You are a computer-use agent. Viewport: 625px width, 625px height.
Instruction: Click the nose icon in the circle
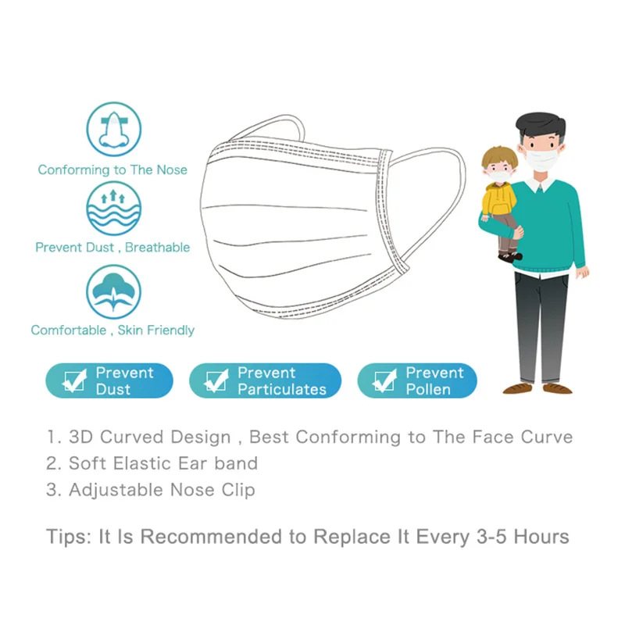pyautogui.click(x=114, y=129)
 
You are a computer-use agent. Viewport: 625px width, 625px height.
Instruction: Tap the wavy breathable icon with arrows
pyautogui.click(x=114, y=208)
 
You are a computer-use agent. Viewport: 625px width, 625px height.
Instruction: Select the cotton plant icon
pyautogui.click(x=114, y=291)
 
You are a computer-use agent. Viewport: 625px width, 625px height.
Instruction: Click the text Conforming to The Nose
pyautogui.click(x=112, y=170)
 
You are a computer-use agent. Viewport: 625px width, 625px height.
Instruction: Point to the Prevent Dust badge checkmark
pyautogui.click(x=74, y=380)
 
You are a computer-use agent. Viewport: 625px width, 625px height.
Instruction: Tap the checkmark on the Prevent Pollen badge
pyautogui.click(x=384, y=380)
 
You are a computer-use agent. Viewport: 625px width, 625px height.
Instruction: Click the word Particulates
pyautogui.click(x=282, y=389)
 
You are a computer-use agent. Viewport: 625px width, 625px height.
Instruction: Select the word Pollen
pyautogui.click(x=428, y=389)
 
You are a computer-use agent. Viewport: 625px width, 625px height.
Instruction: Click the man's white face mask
pyautogui.click(x=541, y=159)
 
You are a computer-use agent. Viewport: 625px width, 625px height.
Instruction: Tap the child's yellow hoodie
pyautogui.click(x=498, y=199)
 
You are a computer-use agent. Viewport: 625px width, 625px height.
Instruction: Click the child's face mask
pyautogui.click(x=499, y=176)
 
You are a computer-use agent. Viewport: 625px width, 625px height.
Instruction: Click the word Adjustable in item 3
pyautogui.click(x=116, y=491)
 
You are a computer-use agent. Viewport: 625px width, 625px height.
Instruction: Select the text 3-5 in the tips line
pyautogui.click(x=491, y=537)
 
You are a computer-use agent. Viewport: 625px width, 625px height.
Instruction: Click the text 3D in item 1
pyautogui.click(x=81, y=437)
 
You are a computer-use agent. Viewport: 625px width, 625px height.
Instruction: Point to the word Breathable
pyautogui.click(x=158, y=248)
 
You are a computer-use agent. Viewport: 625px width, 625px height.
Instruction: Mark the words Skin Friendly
pyautogui.click(x=155, y=330)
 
